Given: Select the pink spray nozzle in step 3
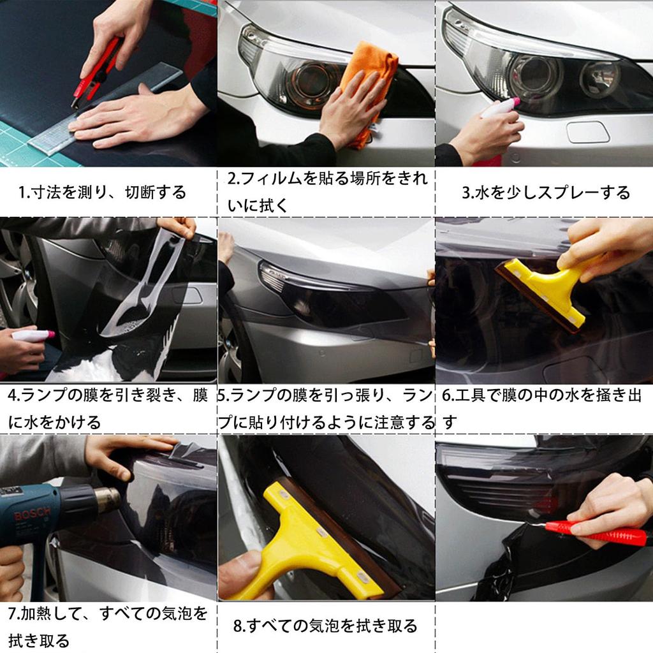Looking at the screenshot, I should [x=513, y=101].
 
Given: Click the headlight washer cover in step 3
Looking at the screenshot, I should [x=587, y=132].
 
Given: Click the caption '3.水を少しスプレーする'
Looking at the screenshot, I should [x=545, y=193].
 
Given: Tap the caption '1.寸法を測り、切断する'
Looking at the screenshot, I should [x=102, y=192].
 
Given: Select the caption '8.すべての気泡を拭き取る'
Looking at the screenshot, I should [x=325, y=626].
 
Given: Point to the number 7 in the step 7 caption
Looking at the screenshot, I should [x=13, y=615].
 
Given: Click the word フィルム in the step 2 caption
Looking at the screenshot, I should [x=268, y=179].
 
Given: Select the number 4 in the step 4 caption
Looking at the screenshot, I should [x=13, y=396].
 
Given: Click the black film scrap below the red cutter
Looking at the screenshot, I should [x=504, y=568].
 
